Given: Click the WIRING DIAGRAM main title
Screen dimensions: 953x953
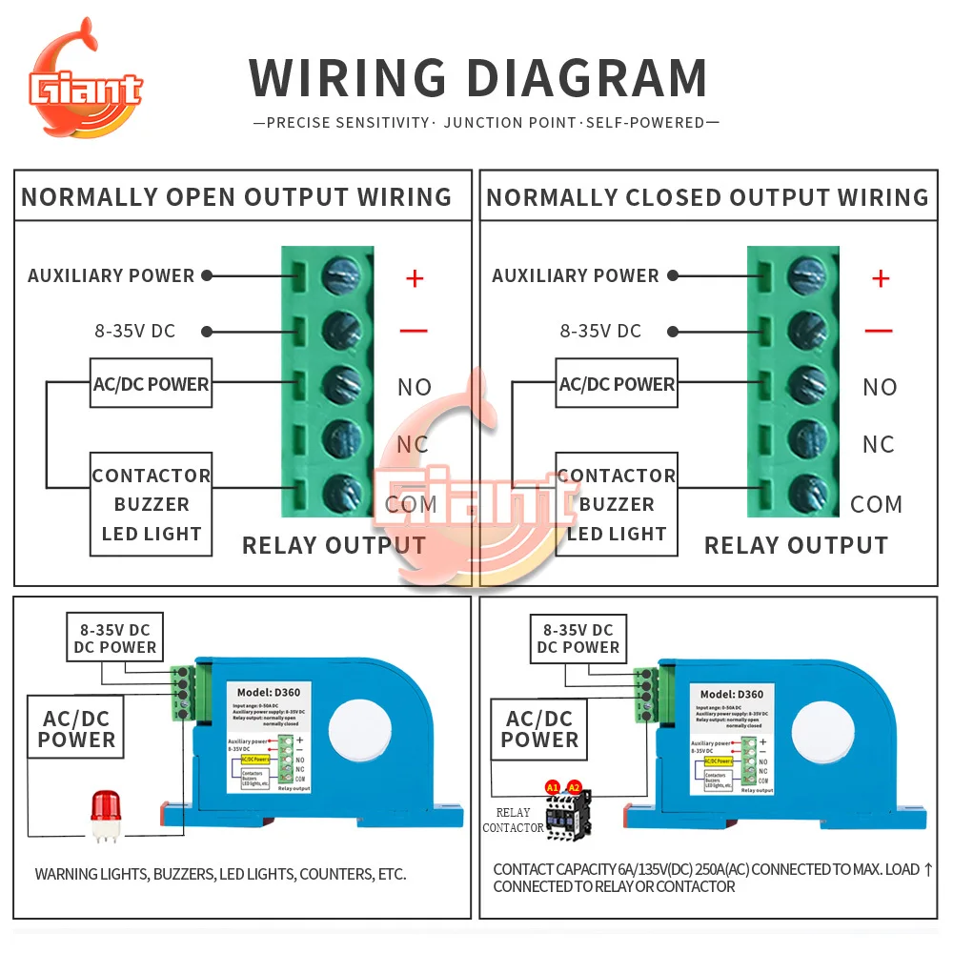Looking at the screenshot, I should click(478, 78).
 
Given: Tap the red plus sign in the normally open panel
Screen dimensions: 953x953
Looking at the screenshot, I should click(414, 278).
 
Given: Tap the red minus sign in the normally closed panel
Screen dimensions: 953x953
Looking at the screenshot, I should click(879, 331).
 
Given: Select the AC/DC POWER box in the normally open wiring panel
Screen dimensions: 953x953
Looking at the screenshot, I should click(151, 384).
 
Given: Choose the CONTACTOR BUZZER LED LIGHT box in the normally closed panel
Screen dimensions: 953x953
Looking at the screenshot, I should click(617, 504).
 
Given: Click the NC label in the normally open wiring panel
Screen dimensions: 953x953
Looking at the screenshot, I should click(413, 444).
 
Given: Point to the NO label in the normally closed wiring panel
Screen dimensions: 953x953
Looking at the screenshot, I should click(880, 387).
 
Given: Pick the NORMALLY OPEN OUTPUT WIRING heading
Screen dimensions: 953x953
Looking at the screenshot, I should click(236, 197).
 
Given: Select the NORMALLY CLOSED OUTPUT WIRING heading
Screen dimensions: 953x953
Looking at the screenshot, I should click(707, 197).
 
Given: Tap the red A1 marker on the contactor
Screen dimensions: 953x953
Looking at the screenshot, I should click(552, 787).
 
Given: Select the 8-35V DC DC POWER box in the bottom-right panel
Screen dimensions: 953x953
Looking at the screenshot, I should click(578, 639).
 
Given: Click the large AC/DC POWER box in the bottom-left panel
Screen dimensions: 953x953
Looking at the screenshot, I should click(76, 729).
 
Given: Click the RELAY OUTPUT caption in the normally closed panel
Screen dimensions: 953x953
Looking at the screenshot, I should click(796, 545).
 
